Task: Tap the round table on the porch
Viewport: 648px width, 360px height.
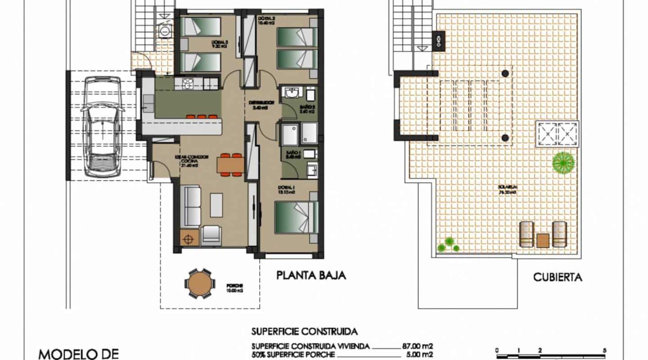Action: [x=198, y=283]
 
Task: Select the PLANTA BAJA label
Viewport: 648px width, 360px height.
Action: [x=311, y=275]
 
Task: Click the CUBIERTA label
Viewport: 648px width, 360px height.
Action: [x=558, y=277]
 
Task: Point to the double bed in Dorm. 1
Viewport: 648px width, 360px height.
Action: [x=296, y=217]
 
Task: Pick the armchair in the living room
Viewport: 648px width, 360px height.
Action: [x=211, y=234]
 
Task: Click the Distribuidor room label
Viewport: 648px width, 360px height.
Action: [x=261, y=105]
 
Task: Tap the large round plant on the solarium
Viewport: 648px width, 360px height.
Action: [x=563, y=162]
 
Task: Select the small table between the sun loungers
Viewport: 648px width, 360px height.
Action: [x=543, y=241]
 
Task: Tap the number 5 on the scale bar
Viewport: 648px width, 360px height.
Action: [x=604, y=350]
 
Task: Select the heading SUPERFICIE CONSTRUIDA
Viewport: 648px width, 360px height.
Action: [x=304, y=332]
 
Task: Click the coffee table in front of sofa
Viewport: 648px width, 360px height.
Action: [x=216, y=205]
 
